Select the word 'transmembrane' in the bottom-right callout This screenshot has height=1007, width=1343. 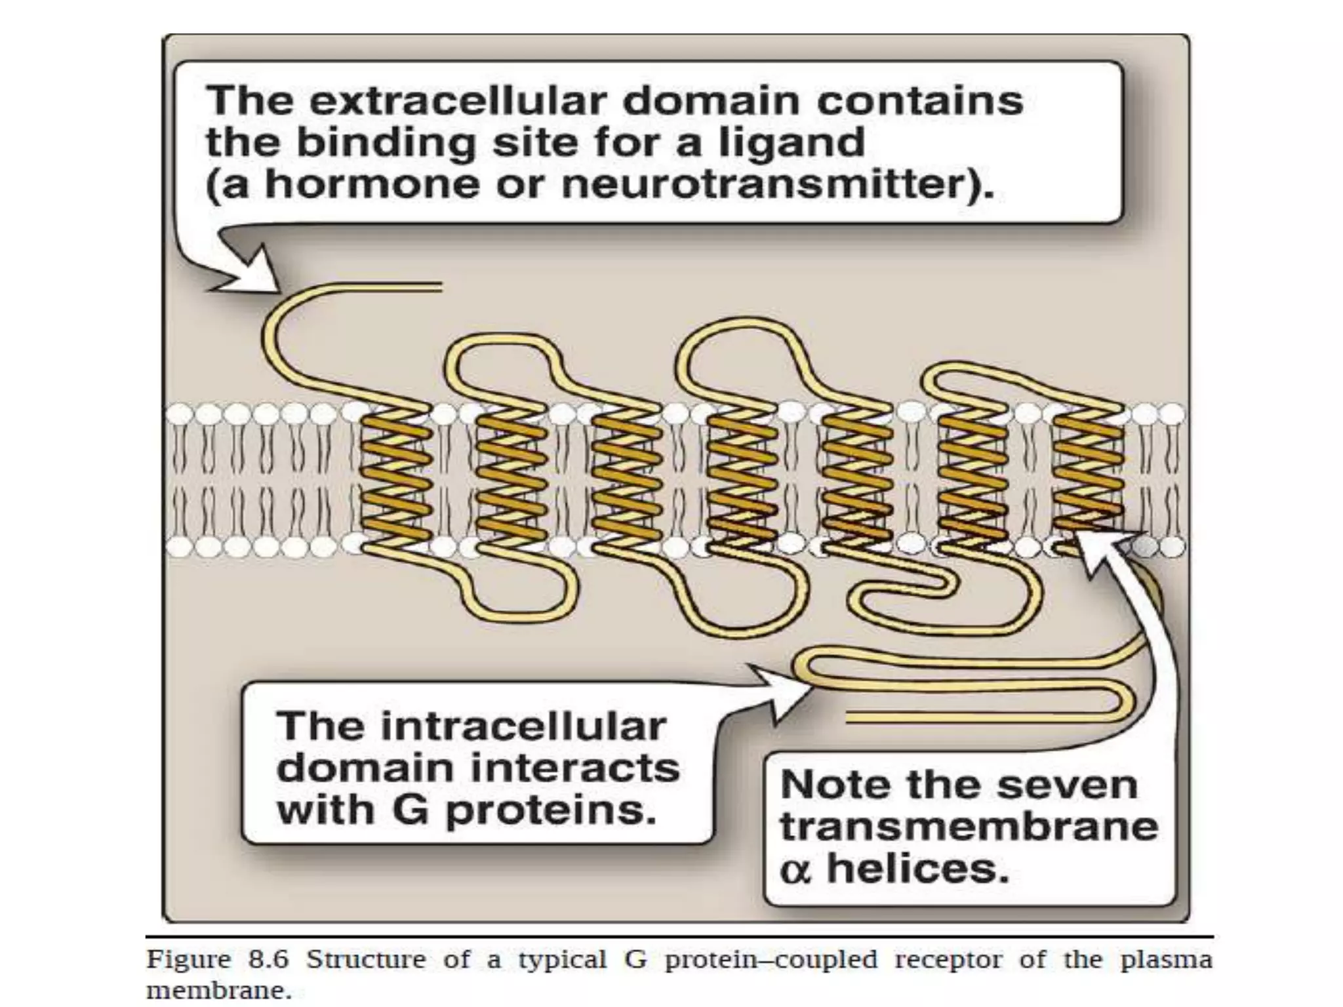click(x=969, y=826)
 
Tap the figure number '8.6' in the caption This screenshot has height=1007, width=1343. click(x=268, y=959)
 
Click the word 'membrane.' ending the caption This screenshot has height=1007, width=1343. click(x=218, y=991)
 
